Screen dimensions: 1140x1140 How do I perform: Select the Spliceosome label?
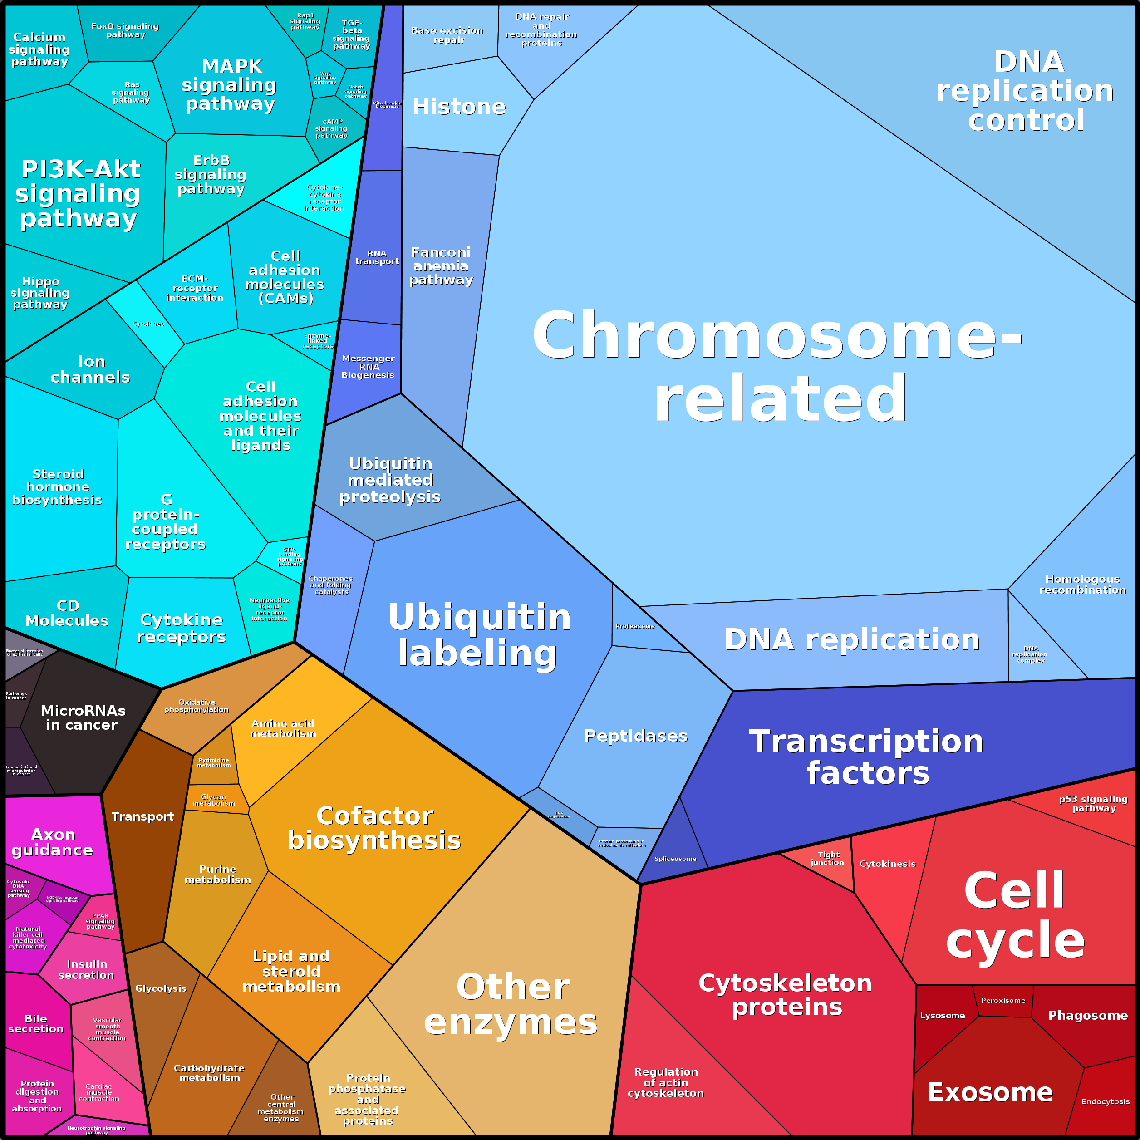point(675,859)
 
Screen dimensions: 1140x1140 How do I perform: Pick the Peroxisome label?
point(1003,1000)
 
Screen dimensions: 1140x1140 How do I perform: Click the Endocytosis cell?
point(1105,1101)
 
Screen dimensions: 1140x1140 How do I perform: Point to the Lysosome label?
point(942,1016)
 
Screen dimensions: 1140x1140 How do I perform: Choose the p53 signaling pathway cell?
point(1093,804)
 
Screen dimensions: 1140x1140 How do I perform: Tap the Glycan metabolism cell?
point(214,800)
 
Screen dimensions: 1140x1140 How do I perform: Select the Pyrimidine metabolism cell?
point(214,762)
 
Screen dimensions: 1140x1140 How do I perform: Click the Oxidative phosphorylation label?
point(197,706)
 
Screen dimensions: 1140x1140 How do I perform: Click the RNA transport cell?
point(377,257)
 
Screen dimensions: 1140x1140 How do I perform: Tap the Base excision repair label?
point(447,35)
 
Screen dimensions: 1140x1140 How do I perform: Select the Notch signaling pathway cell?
point(356,92)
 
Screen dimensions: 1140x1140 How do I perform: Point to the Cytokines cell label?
point(148,324)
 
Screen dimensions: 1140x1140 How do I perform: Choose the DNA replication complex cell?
point(1030,654)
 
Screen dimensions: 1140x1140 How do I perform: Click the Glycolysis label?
point(161,988)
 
